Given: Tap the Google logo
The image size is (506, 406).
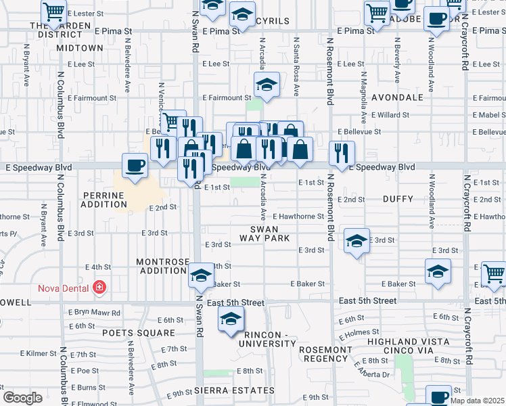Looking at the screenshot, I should (x=22, y=398).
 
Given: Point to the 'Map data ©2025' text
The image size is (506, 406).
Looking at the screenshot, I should (x=477, y=401).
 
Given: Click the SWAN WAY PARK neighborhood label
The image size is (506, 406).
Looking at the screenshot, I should (x=264, y=234).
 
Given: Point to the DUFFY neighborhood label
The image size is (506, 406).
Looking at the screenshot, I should (x=397, y=200).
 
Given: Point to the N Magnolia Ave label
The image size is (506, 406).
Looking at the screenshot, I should (x=364, y=89).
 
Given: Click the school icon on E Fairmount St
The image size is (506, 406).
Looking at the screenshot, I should (x=266, y=86).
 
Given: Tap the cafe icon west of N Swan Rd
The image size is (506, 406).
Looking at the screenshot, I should (x=135, y=165).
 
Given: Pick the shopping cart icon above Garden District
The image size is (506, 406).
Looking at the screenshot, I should (x=54, y=12).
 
